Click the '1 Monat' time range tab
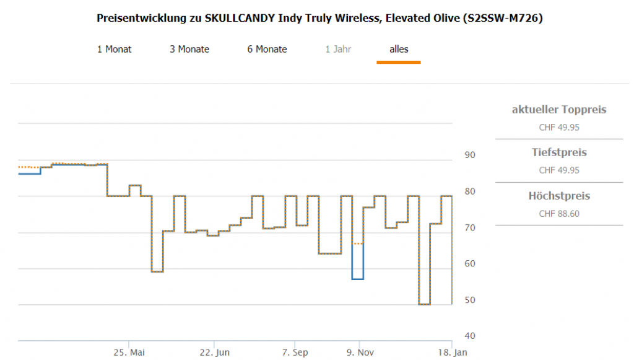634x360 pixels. pos(115,49)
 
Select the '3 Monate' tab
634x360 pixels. pos(189,49)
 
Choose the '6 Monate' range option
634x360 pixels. pos(267,49)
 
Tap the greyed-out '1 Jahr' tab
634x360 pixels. pos(338,49)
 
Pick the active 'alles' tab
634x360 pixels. pos(399,49)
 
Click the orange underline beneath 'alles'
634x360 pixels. pos(399,62)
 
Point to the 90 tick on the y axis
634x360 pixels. pos(470,155)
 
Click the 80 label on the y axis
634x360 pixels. pos(470,191)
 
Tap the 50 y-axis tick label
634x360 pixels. pos(470,300)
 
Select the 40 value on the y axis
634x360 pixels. pos(470,336)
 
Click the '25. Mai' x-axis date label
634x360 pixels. pos(129,352)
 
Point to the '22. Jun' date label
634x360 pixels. pos(214,352)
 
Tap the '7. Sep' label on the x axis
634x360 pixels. pos(295,352)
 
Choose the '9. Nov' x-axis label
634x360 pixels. pos(359,352)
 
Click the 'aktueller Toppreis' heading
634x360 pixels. pos(559,110)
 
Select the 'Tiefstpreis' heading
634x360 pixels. pos(559,152)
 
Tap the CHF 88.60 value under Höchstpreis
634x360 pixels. pos(559,214)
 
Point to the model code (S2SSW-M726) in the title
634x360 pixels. pos(502,18)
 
